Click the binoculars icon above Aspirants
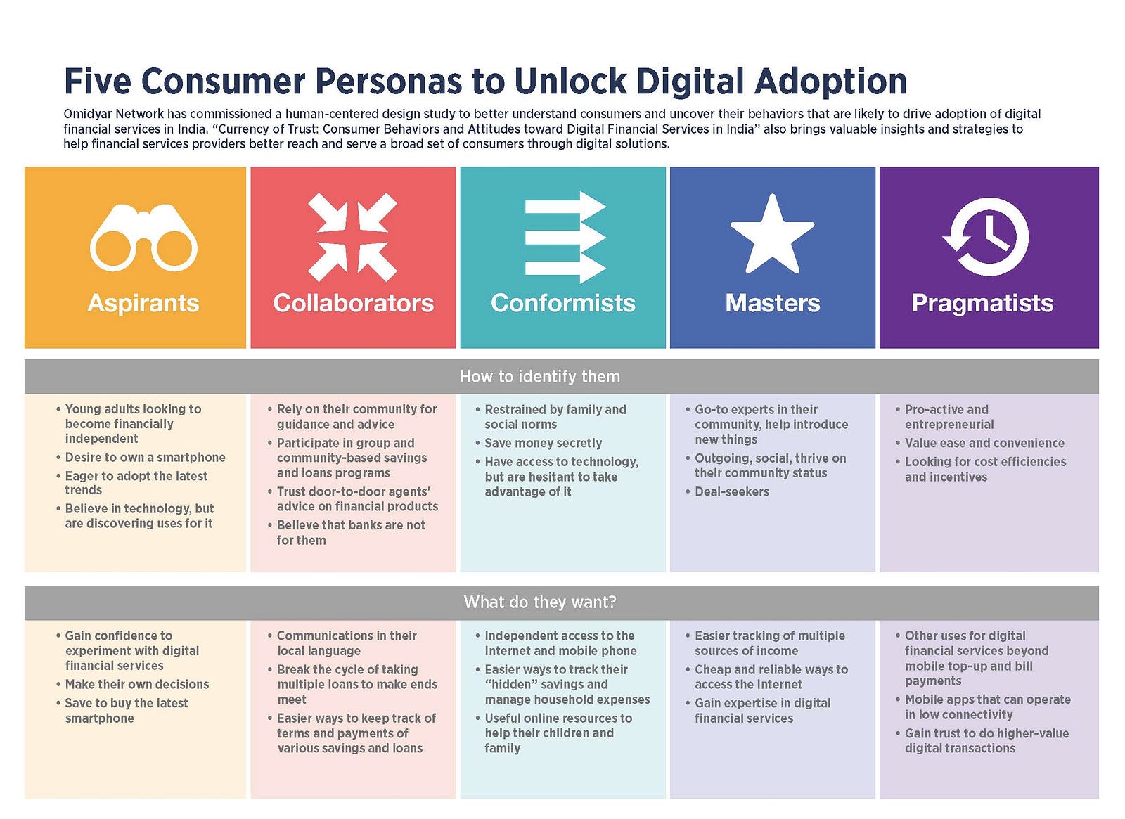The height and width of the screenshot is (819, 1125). click(x=143, y=238)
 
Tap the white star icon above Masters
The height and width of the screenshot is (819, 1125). click(x=772, y=234)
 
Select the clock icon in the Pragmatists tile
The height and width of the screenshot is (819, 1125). click(x=986, y=236)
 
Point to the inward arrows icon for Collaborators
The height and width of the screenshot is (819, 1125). click(x=352, y=237)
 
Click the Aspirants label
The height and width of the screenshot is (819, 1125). click(x=143, y=303)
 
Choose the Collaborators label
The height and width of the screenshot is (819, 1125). click(x=353, y=303)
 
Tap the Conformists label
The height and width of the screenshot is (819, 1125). click(x=563, y=303)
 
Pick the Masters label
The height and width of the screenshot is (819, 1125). click(x=773, y=303)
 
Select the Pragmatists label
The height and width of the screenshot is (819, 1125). click(x=982, y=303)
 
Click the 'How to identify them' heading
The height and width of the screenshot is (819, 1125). click(x=540, y=377)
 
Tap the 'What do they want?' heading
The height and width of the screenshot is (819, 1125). click(x=540, y=602)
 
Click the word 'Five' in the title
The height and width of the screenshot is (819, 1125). click(x=96, y=81)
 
